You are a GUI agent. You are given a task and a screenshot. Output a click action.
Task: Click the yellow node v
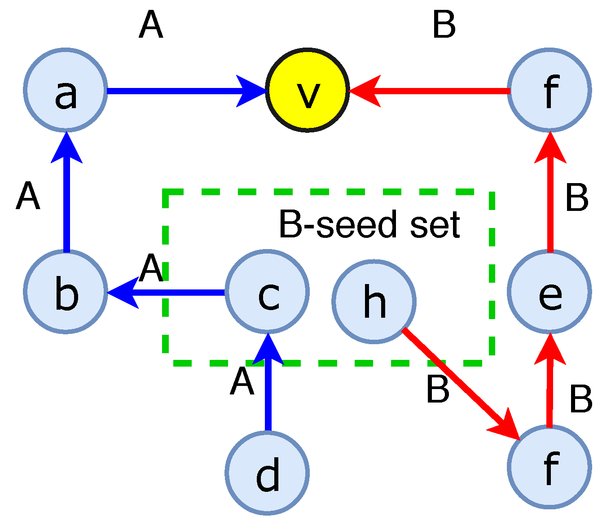[x=308, y=90]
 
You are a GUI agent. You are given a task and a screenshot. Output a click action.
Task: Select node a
[x=66, y=90]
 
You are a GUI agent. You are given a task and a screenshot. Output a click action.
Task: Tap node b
[x=66, y=292]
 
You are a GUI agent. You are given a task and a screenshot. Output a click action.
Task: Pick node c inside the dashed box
[x=268, y=292]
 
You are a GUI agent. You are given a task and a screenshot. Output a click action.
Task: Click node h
[x=374, y=302]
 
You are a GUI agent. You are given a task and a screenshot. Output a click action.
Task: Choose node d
[x=268, y=473]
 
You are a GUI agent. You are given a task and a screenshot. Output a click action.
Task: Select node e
[x=549, y=292]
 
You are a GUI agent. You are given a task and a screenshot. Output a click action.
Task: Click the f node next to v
[x=549, y=90]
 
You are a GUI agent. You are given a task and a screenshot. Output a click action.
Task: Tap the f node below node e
[x=549, y=467]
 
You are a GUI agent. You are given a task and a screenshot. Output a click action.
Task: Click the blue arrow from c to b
[x=171, y=293]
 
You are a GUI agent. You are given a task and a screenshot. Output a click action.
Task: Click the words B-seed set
[x=369, y=224]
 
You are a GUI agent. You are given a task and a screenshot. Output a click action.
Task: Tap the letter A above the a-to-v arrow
[x=150, y=26]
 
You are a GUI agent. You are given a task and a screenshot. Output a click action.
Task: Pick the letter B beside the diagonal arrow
[x=438, y=390]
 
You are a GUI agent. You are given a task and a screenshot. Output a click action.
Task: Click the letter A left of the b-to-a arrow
[x=28, y=197]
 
